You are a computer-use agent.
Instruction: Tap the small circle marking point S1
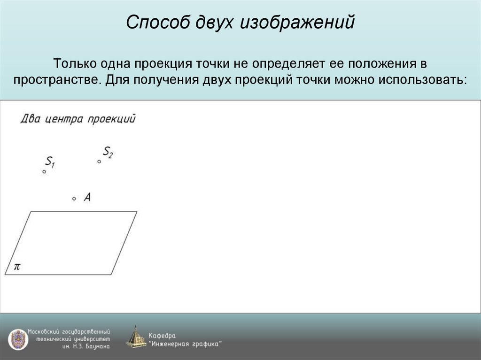(44, 172)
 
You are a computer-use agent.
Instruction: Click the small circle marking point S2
(99, 161)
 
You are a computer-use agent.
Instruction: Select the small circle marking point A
(74, 199)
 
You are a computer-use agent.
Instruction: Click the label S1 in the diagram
(50, 162)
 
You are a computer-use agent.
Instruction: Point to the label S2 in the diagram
(108, 152)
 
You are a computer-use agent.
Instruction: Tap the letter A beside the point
(87, 198)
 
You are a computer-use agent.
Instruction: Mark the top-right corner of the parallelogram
(137, 212)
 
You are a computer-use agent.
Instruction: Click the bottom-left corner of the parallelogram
(5, 275)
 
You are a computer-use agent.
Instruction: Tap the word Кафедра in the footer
(162, 335)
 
